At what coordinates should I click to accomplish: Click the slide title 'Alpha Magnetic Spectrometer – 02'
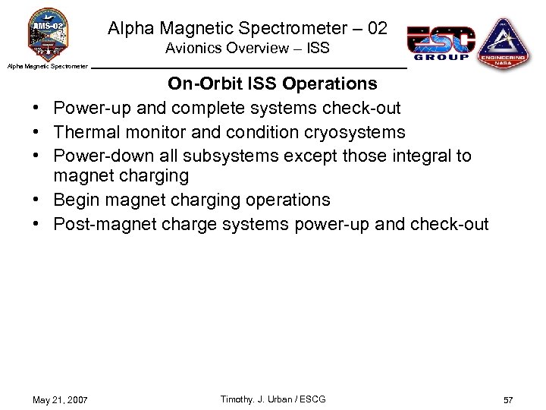247,29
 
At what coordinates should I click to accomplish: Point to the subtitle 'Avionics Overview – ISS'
247,49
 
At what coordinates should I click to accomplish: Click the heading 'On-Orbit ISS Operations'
272,83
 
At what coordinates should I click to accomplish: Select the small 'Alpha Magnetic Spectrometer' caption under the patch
48,67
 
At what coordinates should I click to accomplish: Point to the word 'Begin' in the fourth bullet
75,200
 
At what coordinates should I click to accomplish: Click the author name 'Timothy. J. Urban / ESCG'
272,399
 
